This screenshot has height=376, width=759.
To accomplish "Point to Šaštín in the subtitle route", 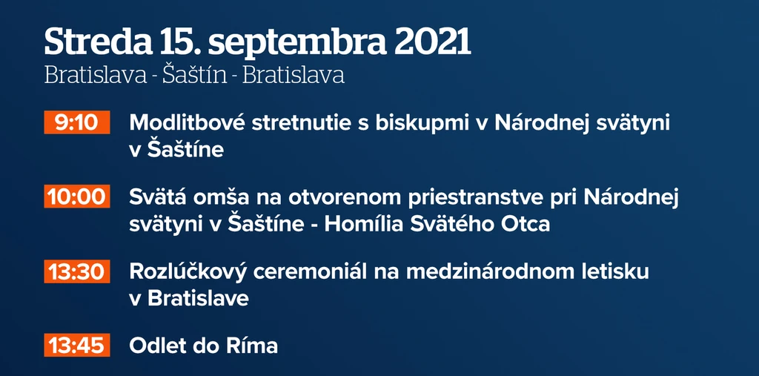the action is tap(195, 75).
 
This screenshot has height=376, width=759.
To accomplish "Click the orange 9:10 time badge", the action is tap(77, 122).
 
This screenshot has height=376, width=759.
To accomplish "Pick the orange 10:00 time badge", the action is tap(77, 197).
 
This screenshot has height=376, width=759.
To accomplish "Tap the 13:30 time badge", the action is tap(77, 271).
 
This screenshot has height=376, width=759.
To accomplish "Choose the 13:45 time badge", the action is tap(77, 346).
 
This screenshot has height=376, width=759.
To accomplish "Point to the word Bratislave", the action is tap(198, 298).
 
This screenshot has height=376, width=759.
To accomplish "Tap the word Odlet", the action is tap(156, 346).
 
